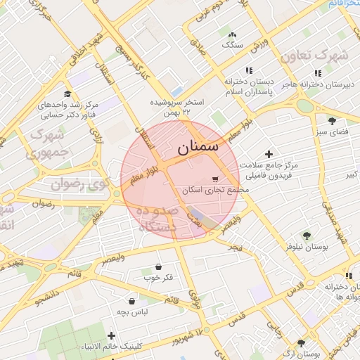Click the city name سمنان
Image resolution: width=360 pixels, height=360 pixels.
(198, 148)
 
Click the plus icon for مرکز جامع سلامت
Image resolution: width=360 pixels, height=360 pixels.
(268, 154)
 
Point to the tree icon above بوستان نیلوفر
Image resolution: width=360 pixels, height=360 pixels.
(307, 236)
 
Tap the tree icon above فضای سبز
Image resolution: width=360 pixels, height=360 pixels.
(332, 121)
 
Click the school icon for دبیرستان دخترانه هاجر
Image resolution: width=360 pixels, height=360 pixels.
(318, 72)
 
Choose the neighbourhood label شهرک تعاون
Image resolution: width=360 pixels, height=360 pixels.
(322, 54)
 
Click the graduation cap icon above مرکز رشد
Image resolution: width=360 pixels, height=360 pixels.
(67, 94)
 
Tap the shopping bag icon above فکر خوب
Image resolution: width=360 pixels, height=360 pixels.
(158, 267)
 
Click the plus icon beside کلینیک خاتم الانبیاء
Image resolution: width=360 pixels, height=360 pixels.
(111, 335)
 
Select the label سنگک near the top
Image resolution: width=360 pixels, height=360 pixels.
(232, 44)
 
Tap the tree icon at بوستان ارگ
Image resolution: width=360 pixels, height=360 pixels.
(301, 343)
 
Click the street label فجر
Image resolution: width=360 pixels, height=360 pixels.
(235, 247)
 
